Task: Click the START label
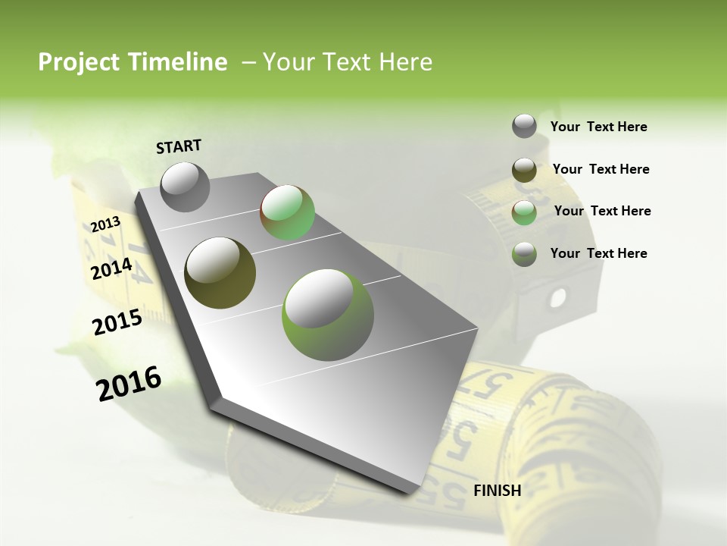(179, 146)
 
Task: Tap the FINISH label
(497, 491)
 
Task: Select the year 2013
(106, 224)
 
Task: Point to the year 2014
(111, 268)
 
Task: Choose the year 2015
(117, 322)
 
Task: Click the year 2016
(129, 384)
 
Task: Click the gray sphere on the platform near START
(185, 187)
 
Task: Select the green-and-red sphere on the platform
(287, 212)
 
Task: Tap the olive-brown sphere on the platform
(220, 273)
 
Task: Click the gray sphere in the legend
(524, 127)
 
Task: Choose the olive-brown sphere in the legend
(524, 169)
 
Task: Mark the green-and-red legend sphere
(524, 212)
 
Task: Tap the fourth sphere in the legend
(524, 253)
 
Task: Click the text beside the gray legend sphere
(598, 127)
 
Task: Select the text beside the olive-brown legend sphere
(601, 169)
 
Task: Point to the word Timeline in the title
(178, 62)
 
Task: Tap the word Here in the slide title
(406, 62)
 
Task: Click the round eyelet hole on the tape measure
(558, 296)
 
